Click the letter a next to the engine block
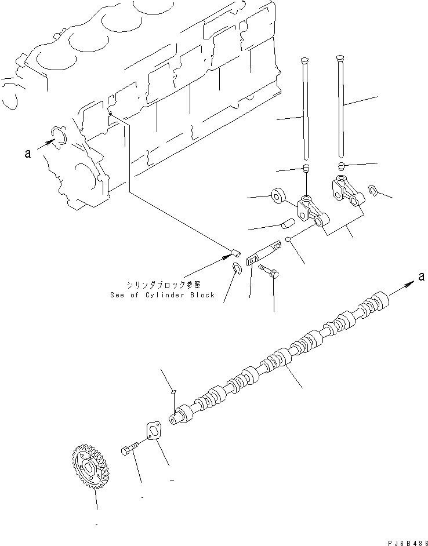(x=27, y=154)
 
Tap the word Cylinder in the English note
(x=164, y=295)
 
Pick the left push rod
(x=305, y=110)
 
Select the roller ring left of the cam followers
(x=277, y=195)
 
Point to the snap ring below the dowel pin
(x=237, y=268)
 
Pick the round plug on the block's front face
(x=59, y=135)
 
